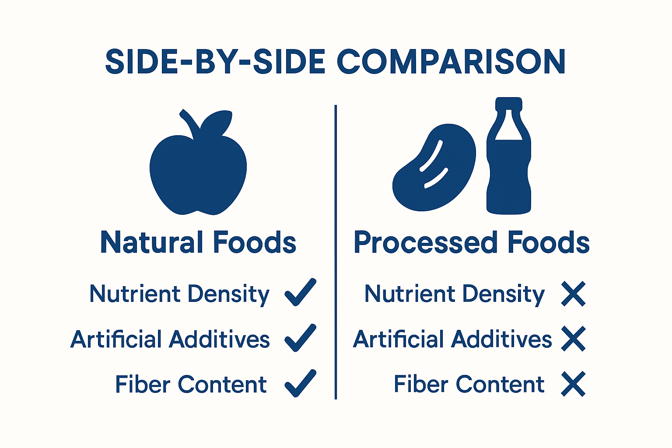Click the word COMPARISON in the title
[451, 62]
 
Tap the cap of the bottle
[509, 103]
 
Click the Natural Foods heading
[198, 242]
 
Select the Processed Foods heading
[472, 242]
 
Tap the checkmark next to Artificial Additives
[300, 338]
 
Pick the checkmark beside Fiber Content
[300, 384]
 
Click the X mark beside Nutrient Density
[573, 294]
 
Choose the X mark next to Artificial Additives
[573, 339]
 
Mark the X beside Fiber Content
[573, 384]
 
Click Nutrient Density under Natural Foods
[179, 294]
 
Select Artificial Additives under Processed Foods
[452, 339]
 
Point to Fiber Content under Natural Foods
[191, 385]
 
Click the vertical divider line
[336, 252]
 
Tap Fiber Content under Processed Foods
[469, 384]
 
